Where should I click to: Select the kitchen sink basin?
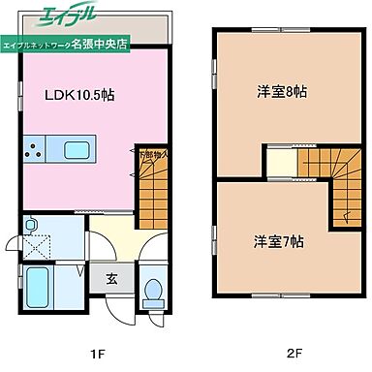point(77,149)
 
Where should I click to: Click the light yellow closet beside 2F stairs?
point(281,161)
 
